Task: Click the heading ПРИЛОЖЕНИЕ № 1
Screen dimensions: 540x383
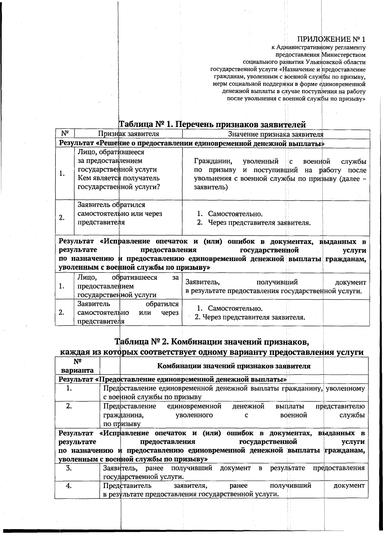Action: pyautogui.click(x=331, y=40)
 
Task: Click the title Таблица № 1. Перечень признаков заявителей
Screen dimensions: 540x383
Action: pyautogui.click(x=212, y=124)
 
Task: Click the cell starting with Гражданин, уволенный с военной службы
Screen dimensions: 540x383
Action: pyautogui.click(x=280, y=174)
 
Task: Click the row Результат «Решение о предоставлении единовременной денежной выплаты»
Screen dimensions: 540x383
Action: pyautogui.click(x=191, y=143)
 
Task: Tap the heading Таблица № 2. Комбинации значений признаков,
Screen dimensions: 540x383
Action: pyautogui.click(x=212, y=342)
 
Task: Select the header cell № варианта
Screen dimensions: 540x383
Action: pyautogui.click(x=77, y=366)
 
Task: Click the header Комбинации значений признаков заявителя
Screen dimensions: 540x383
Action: pyautogui.click(x=234, y=366)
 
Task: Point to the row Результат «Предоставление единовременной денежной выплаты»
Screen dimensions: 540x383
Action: pyautogui.click(x=173, y=379)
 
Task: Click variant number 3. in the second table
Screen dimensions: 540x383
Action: pyautogui.click(x=69, y=468)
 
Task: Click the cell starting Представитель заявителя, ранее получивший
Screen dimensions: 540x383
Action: pyautogui.click(x=234, y=490)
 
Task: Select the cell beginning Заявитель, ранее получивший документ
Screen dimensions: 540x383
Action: pyautogui.click(x=234, y=472)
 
